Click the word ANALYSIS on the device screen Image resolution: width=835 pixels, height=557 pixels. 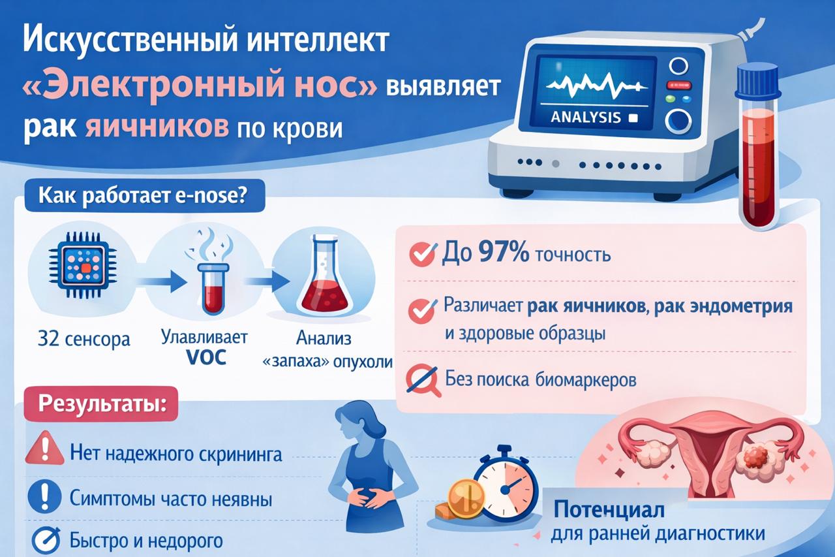(x=586, y=118)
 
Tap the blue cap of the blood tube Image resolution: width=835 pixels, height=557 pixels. (x=758, y=80)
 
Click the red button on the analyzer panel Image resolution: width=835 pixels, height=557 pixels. (x=678, y=85)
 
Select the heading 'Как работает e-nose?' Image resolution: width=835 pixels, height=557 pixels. (x=143, y=195)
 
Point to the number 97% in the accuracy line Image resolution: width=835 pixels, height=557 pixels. (x=503, y=253)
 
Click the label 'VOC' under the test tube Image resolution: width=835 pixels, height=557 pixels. (x=206, y=357)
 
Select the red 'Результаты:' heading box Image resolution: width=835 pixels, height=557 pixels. (x=101, y=404)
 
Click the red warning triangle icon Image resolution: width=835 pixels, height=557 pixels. (x=44, y=448)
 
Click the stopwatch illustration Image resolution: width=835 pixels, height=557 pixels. (x=506, y=483)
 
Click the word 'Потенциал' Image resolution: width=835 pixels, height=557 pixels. (x=609, y=509)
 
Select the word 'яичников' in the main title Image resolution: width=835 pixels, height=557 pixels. (x=157, y=127)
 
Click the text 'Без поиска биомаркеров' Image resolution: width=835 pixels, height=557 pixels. (x=541, y=380)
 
